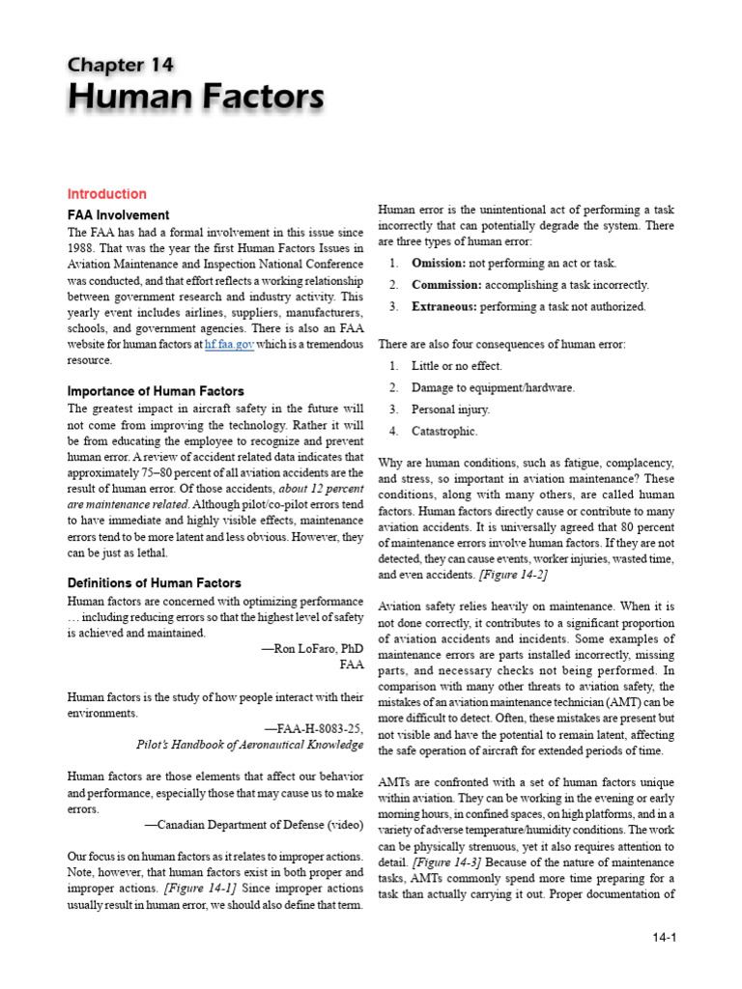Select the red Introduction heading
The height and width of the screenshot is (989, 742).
(106, 194)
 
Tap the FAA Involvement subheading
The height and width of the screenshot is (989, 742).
(118, 214)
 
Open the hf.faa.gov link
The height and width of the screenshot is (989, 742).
(230, 344)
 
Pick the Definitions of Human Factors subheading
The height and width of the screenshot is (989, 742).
(154, 583)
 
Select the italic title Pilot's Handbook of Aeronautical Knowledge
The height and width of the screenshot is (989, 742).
(249, 745)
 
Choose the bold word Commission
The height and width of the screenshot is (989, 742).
(446, 285)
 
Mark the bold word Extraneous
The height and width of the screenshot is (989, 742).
(445, 307)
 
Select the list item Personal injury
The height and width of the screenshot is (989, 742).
(449, 410)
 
